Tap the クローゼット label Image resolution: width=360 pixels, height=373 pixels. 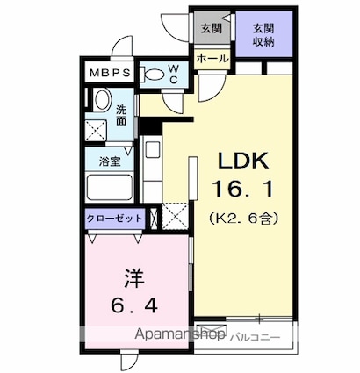coord(114,218)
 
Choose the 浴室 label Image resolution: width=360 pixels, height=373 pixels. coord(110,162)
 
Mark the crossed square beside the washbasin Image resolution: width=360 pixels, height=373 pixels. coord(97,131)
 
